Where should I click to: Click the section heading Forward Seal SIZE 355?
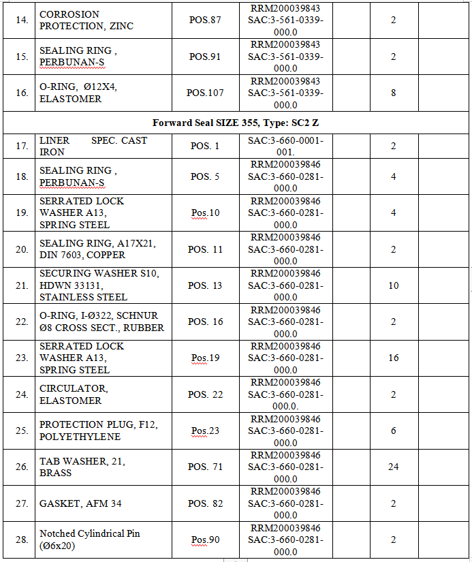236,123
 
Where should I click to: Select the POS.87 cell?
205,20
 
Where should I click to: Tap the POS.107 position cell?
205,93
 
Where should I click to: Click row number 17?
22,146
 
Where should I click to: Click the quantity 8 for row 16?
394,93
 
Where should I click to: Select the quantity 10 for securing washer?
394,285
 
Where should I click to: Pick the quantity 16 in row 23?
394,358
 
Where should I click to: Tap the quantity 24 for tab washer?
394,467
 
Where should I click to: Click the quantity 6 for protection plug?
394,431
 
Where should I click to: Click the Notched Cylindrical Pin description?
89,540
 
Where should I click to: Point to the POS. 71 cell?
205,467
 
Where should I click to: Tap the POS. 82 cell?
205,503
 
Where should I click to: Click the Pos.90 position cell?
205,540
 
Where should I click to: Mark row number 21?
22,285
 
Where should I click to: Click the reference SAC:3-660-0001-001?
285,146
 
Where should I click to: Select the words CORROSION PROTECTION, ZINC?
86,20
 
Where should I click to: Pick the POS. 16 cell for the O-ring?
205,322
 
